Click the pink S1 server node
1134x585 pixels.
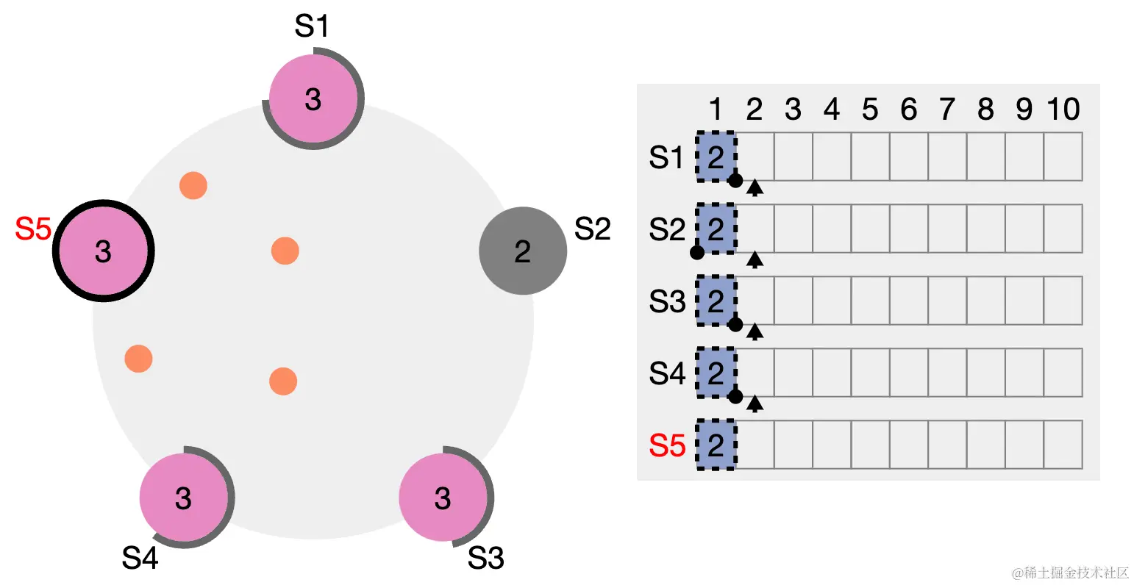pos(313,98)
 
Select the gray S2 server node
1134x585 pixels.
pos(522,251)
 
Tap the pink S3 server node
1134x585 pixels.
pos(443,498)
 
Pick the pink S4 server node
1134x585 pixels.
pos(184,498)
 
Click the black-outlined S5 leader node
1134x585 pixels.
pos(104,251)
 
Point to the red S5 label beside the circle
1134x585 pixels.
pos(33,229)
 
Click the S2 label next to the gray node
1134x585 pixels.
pos(592,229)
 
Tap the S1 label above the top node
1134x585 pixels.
pos(311,26)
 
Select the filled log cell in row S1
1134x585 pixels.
pos(716,157)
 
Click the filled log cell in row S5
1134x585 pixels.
pos(716,445)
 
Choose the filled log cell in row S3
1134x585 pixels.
pos(716,301)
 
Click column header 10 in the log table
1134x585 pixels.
pos(1063,110)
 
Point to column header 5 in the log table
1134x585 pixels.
pos(870,110)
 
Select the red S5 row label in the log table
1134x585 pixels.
pos(667,445)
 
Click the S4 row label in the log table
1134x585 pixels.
pos(667,373)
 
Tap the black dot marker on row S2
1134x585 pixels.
pos(697,253)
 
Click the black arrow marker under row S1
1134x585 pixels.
pos(755,188)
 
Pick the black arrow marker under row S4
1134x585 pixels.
pos(755,403)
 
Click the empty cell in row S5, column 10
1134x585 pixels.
pos(1063,445)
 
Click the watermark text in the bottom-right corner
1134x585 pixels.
pos(1069,573)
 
